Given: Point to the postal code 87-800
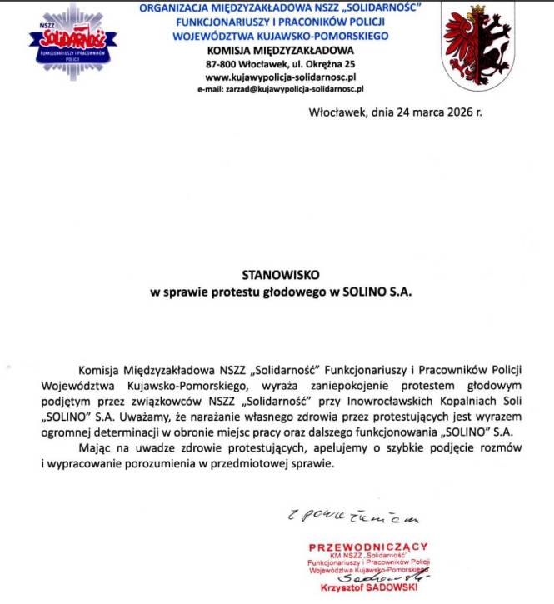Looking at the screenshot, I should pos(224,63).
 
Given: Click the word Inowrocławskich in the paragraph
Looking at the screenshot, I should pos(383,402).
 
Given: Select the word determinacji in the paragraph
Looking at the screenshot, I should pos(151,432).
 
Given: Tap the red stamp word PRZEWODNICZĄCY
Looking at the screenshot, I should pos(368,547).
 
